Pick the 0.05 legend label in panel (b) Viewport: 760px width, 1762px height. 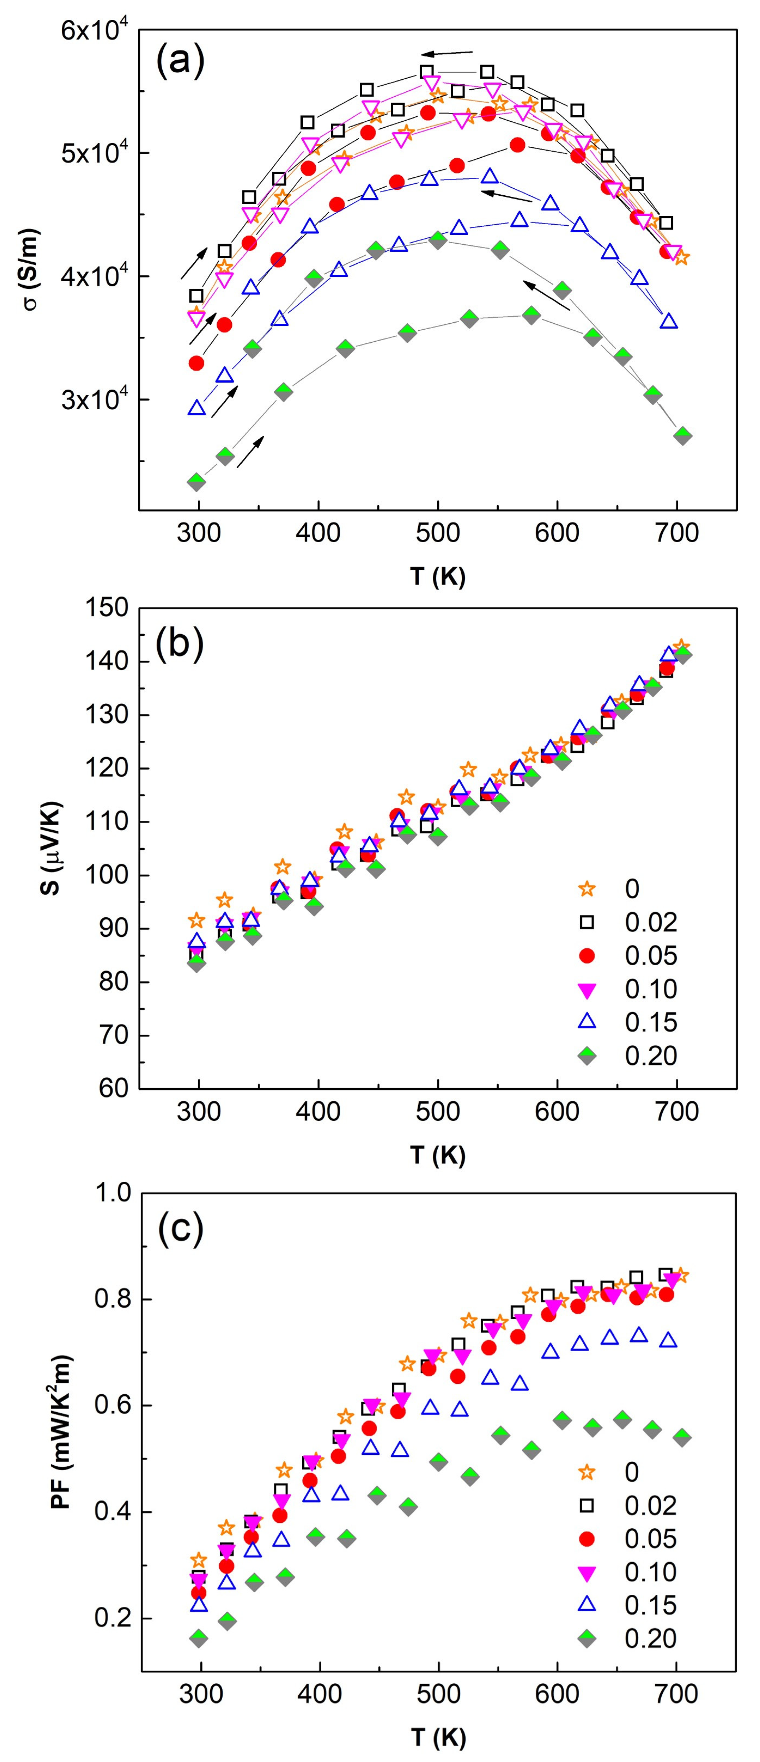pyautogui.click(x=651, y=955)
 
